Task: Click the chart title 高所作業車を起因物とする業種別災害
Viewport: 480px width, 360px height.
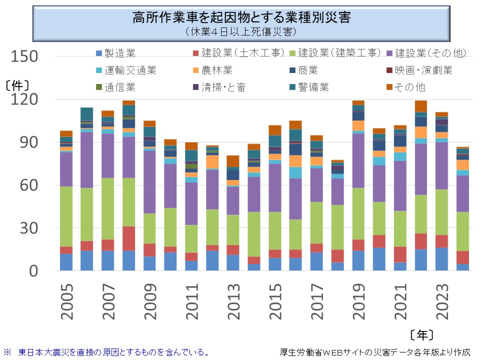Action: click(241, 18)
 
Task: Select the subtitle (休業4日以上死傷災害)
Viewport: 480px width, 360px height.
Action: click(241, 31)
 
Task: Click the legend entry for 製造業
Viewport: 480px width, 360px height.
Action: click(120, 53)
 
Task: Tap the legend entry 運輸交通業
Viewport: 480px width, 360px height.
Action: click(130, 70)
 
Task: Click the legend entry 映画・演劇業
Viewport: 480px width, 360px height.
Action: click(423, 70)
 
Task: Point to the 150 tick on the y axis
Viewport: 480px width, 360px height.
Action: click(25, 56)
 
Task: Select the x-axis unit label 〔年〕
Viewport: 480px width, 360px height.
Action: click(421, 334)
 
